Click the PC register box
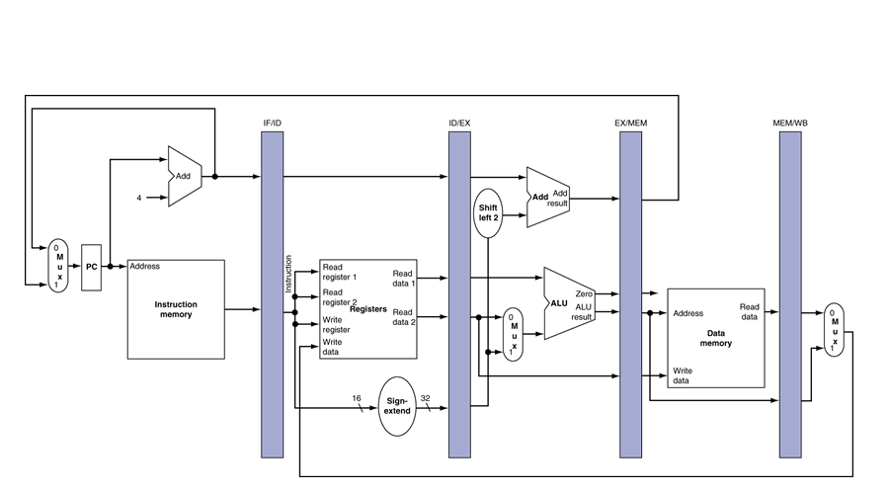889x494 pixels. pos(91,267)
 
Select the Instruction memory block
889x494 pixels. pos(176,309)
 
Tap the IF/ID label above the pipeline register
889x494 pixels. pos(272,123)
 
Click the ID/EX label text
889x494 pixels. pos(459,123)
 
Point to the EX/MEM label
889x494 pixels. pos(630,123)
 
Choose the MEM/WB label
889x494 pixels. pos(790,123)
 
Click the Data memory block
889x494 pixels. pos(716,338)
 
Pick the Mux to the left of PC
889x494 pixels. pos(59,266)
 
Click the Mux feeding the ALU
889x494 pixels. pos(512,334)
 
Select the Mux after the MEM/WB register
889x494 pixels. pos(834,329)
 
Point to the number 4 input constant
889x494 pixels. pos(139,198)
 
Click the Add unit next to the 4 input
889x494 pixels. pos(185,176)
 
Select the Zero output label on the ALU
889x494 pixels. pos(585,293)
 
